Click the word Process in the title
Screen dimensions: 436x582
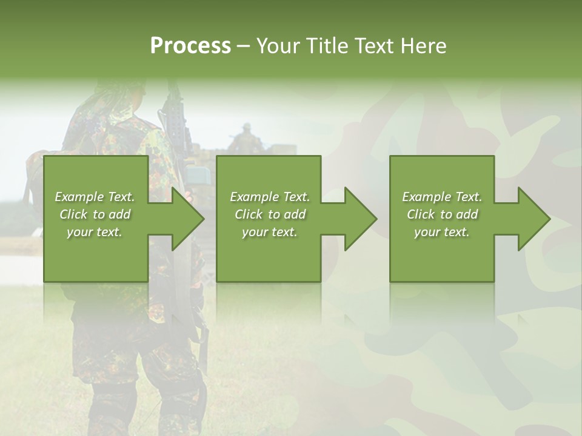[x=190, y=46]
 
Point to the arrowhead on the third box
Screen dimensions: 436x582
[x=533, y=219]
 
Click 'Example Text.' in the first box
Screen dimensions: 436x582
[x=95, y=197]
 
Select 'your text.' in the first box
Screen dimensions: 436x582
[x=95, y=232]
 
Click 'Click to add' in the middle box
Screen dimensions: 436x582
[x=270, y=214]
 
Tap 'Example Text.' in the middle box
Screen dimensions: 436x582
[x=270, y=197]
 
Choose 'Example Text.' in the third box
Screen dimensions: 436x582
[x=442, y=197]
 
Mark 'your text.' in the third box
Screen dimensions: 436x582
[x=442, y=232]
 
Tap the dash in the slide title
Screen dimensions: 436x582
[x=243, y=47]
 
